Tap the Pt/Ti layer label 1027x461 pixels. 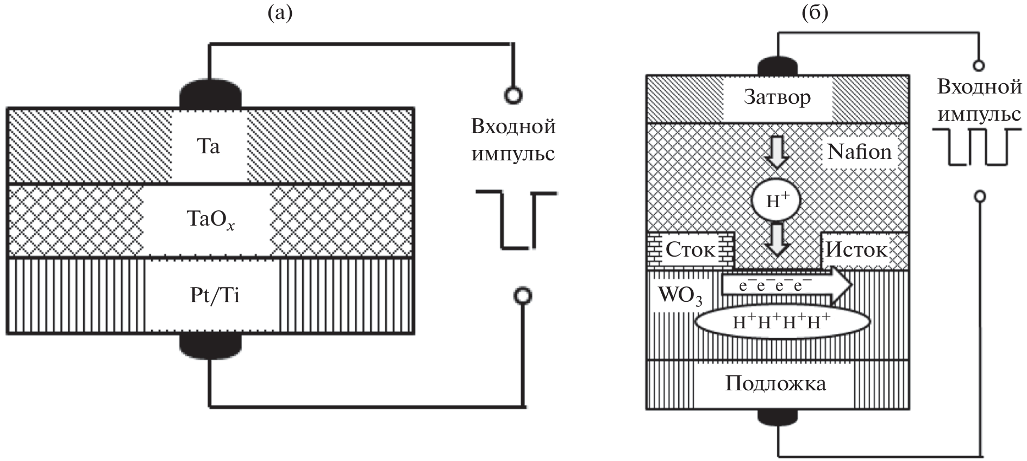(x=215, y=295)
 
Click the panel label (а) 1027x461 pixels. (x=280, y=13)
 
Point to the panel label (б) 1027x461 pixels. (x=815, y=13)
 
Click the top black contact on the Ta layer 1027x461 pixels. (x=210, y=96)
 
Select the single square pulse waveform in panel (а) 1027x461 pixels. (x=515, y=220)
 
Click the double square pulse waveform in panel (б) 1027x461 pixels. (x=976, y=146)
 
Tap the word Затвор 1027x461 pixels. (x=777, y=97)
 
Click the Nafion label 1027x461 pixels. (x=859, y=151)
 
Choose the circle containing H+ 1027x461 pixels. (x=777, y=201)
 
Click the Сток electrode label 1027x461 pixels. (x=690, y=250)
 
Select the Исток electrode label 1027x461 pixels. (x=856, y=250)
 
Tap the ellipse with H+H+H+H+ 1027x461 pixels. (x=782, y=321)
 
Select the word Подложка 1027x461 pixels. (x=775, y=383)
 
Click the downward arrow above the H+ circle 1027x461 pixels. (x=777, y=153)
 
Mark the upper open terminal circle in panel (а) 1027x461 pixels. (x=513, y=96)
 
